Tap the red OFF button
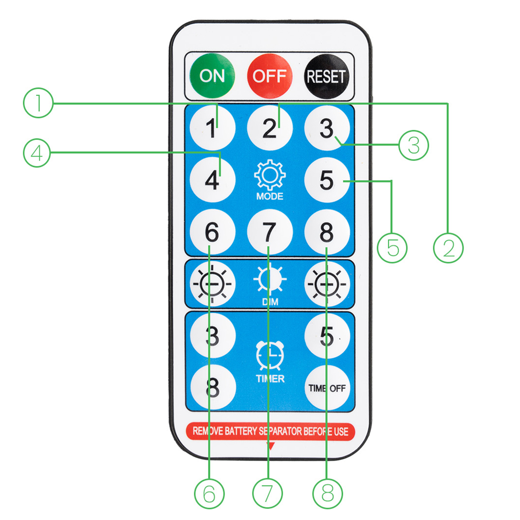coord(270,76)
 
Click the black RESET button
coord(327,76)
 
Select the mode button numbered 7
coord(270,232)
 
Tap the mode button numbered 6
coord(212,232)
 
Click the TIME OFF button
coord(327,388)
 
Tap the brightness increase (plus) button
coord(327,284)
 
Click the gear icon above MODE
coord(270,175)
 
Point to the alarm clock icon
coord(270,355)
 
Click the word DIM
coord(270,302)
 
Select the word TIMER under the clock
coord(270,379)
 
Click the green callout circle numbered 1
coord(38,103)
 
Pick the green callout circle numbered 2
coord(448,248)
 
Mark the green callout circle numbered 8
coord(328,493)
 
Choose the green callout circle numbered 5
coord(392,248)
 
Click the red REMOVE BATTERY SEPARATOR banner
coord(270,431)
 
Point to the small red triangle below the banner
coord(270,446)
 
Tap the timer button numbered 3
coord(213,336)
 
